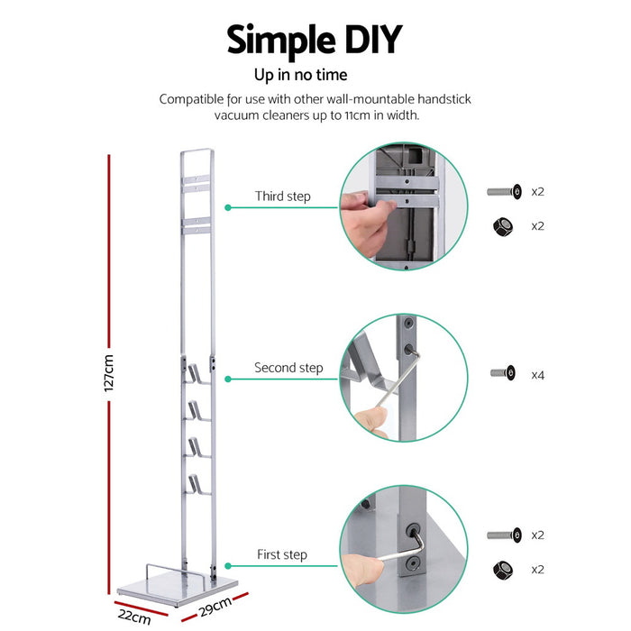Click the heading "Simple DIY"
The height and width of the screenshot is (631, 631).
point(314,41)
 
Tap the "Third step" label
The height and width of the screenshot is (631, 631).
point(282,197)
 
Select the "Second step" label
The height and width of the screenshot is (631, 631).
point(288,368)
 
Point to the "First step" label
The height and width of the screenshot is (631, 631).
point(282,555)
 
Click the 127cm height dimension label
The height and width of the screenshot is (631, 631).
point(109,371)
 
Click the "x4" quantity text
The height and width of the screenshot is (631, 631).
point(538,372)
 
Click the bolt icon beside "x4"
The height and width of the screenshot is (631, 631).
point(503,372)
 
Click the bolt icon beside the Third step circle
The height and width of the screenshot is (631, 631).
point(503,192)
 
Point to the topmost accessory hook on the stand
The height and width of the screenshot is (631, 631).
point(197,371)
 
